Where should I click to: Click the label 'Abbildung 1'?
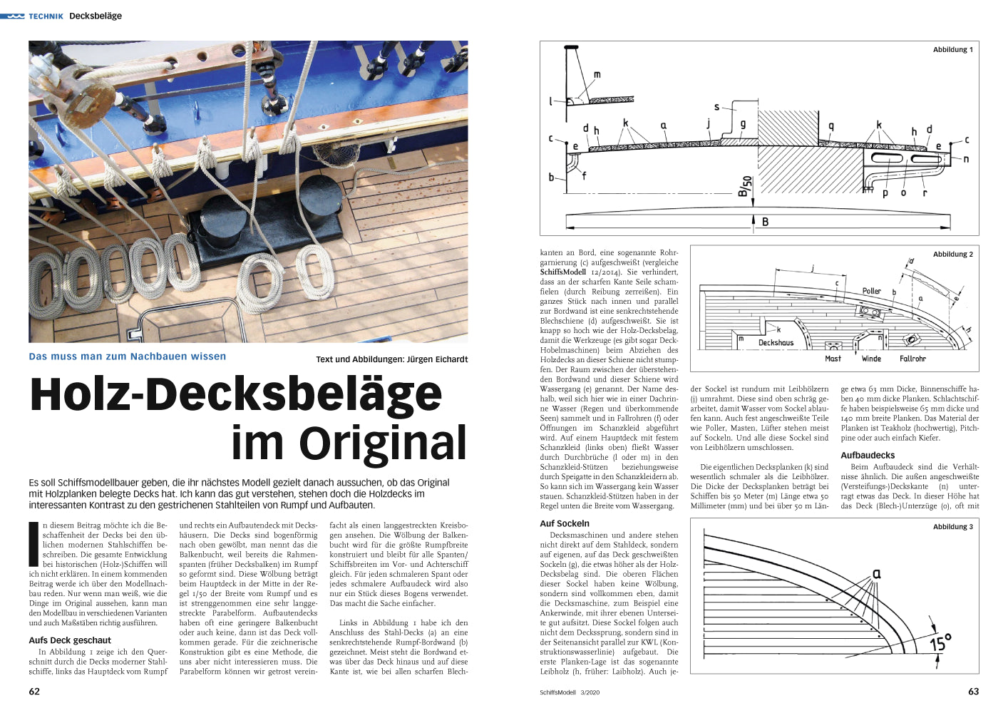point(952,50)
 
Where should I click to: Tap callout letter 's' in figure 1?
point(716,107)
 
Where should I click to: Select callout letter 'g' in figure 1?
point(743,124)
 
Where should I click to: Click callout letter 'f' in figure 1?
point(584,175)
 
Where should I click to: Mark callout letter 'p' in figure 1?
point(885,193)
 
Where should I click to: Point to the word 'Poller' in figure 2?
point(871,291)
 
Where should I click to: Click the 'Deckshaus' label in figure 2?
point(776,343)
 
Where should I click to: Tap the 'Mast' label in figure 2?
point(833,359)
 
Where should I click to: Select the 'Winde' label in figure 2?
point(871,359)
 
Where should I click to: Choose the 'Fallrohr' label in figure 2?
point(912,359)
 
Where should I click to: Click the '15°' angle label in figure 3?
point(940,644)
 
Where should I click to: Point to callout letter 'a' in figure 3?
point(877,573)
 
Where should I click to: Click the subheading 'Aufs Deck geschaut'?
point(70,640)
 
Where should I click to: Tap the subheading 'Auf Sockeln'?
point(565,523)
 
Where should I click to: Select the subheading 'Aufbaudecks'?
point(868,455)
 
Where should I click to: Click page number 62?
point(34,692)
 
